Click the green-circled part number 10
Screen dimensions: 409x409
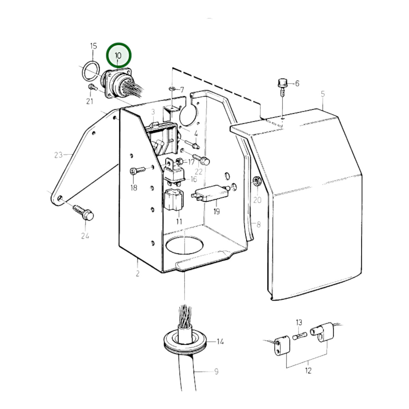point(118,56)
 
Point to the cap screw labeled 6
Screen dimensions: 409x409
point(282,87)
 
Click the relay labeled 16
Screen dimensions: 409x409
point(174,172)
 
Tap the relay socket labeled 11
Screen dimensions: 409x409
point(174,200)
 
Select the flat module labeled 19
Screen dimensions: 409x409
point(210,193)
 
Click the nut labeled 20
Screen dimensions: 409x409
point(257,181)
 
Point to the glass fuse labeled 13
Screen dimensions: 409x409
point(300,336)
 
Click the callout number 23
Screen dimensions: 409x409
point(58,155)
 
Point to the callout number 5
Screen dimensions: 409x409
point(323,94)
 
